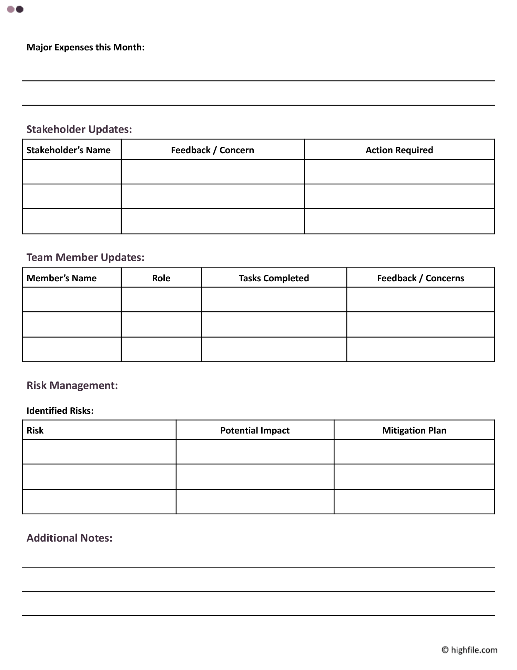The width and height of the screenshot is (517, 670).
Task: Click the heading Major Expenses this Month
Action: tap(85, 47)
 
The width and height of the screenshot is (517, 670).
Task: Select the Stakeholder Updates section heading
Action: tap(79, 129)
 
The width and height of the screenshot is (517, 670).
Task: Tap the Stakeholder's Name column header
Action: tap(69, 150)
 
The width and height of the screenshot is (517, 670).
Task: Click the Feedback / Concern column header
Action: tap(212, 150)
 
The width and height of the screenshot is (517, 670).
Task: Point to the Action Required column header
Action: tap(399, 150)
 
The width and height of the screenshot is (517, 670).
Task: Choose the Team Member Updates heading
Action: tap(85, 257)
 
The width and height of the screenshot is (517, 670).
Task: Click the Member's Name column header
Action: tap(62, 278)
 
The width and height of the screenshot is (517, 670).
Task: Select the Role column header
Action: tap(161, 278)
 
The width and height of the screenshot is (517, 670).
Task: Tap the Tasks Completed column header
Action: tap(274, 278)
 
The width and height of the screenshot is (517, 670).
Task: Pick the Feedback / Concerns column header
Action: tap(420, 278)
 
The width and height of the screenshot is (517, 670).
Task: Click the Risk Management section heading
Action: tap(72, 385)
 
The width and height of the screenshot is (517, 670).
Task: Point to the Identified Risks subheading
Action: tap(60, 411)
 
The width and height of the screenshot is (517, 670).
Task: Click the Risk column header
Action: tap(35, 430)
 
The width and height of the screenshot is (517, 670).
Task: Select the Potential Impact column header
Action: tap(255, 430)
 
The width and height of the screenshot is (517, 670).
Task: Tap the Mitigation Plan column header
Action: tap(414, 430)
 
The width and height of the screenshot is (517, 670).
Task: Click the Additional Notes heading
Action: tap(70, 538)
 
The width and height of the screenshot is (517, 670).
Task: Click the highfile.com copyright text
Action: tap(469, 650)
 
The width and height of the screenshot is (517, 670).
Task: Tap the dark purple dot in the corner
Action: tap(20, 9)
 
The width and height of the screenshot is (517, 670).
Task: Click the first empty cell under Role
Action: tap(161, 300)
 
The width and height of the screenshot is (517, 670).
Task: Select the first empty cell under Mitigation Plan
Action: tap(414, 452)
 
